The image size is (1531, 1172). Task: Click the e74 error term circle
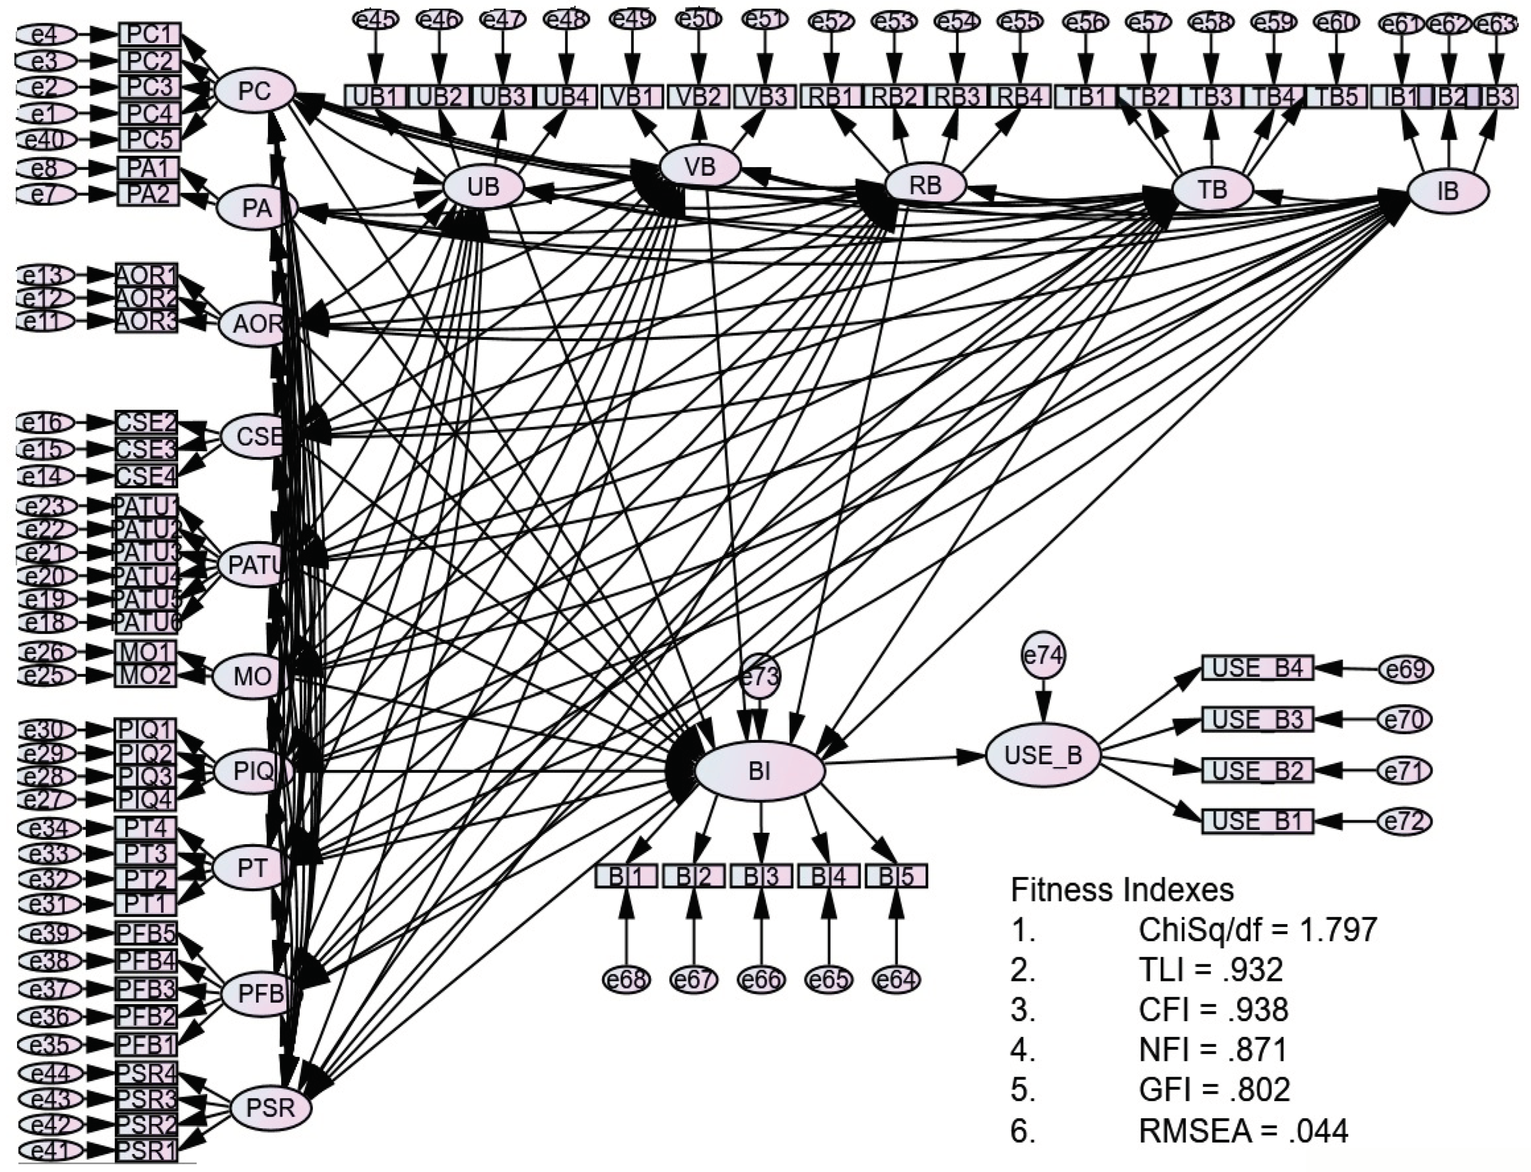[1043, 656]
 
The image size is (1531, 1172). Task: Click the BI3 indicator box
[761, 876]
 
